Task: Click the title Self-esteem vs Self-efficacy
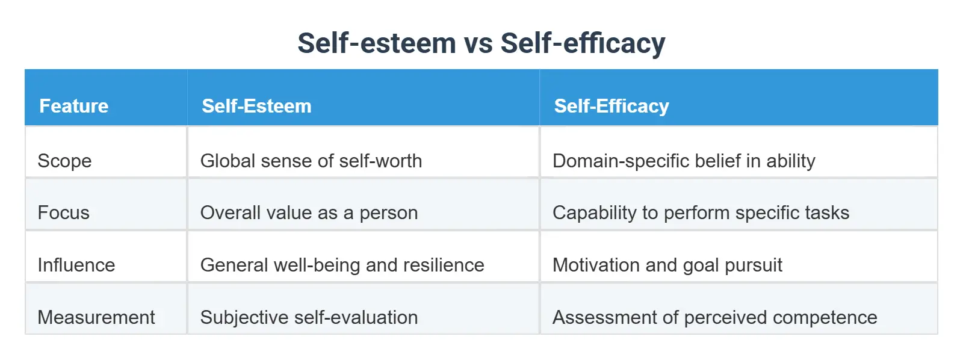[x=482, y=43]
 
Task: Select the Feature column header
[x=73, y=106]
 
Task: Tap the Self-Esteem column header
[x=256, y=106]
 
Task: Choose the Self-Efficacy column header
[x=611, y=106]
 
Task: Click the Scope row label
[x=64, y=161]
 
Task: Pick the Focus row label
[x=63, y=213]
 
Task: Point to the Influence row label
[x=76, y=265]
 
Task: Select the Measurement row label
[x=96, y=317]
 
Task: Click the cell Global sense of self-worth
[x=311, y=161]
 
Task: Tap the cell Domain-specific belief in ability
[x=684, y=161]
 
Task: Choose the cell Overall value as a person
[x=309, y=213]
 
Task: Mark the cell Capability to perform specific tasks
[x=701, y=213]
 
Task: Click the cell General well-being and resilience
[x=342, y=265]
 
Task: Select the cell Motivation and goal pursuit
[x=667, y=265]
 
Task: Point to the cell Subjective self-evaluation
[x=309, y=317]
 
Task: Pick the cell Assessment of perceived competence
[x=714, y=317]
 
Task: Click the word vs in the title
[x=478, y=43]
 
